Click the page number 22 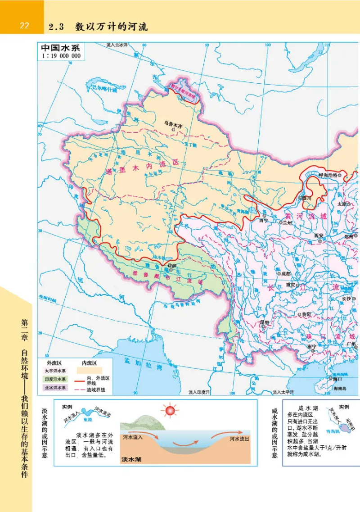point(24,26)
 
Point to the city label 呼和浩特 point(327,175)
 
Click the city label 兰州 point(287,223)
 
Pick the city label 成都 point(284,273)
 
